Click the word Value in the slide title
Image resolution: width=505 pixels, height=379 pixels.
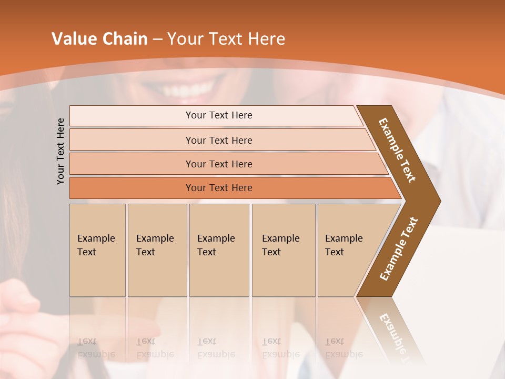(x=73, y=39)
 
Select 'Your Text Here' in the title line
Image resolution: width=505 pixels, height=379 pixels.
(x=226, y=39)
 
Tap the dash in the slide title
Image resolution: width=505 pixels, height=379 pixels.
(x=157, y=39)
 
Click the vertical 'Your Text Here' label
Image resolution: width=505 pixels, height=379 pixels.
(x=60, y=151)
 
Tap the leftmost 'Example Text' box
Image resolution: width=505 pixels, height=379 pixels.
(x=97, y=250)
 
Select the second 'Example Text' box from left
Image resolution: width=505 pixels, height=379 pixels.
(x=157, y=250)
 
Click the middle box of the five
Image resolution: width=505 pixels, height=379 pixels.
(x=219, y=250)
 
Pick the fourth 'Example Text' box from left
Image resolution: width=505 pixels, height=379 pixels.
(x=283, y=250)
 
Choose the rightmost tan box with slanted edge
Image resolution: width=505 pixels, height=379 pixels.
(x=347, y=250)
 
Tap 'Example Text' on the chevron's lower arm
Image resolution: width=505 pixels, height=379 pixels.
(x=398, y=249)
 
